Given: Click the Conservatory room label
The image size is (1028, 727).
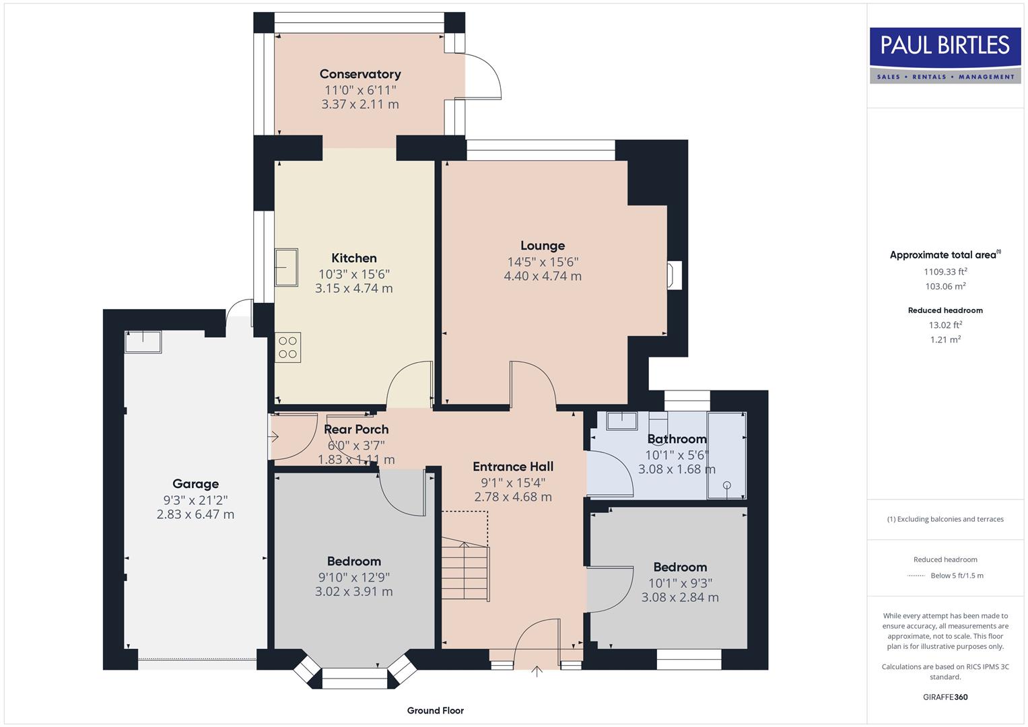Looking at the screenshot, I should click(x=360, y=74).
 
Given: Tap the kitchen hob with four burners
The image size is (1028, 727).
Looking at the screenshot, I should click(x=287, y=347).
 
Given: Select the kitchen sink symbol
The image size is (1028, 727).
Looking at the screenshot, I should click(x=286, y=267).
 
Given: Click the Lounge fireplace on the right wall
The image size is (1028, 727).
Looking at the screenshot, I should click(x=673, y=275).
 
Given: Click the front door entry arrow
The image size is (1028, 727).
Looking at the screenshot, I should click(x=537, y=671).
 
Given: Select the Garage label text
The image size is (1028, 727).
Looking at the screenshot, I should click(x=195, y=483).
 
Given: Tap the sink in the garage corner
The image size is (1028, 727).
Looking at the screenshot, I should click(x=143, y=341).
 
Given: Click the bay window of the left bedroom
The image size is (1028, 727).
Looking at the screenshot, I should click(x=355, y=677).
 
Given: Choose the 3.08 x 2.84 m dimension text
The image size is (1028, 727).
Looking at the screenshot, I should click(x=680, y=597).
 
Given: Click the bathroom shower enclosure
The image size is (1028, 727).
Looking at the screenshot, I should click(x=727, y=456).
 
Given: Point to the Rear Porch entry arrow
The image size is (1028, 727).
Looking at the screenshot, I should click(x=273, y=437).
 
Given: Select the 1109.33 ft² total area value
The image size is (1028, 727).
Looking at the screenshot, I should click(x=945, y=272).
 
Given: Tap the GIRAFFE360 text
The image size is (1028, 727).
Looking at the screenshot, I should click(x=945, y=697).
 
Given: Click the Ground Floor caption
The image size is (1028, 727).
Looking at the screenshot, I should click(x=436, y=710).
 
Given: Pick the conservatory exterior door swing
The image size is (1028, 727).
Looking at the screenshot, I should click(x=483, y=75).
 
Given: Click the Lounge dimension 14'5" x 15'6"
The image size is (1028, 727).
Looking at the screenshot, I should click(x=543, y=261).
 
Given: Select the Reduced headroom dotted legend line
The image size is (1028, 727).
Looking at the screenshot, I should click(x=916, y=576).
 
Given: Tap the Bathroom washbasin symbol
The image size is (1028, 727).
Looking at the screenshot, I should click(x=622, y=421).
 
